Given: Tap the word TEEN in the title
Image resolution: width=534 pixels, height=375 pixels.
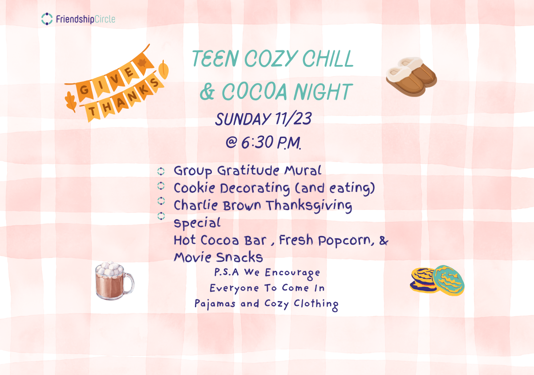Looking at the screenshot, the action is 215,58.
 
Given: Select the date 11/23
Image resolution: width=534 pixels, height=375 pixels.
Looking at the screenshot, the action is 293,118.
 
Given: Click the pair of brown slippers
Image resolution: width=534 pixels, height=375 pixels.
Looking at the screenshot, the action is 411,76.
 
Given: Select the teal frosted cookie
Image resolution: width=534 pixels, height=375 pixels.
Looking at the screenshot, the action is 449,280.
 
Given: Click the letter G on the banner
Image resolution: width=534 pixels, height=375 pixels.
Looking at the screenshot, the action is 84,90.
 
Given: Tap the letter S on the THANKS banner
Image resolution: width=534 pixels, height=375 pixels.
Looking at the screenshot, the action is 154,82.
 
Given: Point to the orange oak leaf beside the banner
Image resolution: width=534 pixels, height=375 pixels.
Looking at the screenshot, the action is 71,102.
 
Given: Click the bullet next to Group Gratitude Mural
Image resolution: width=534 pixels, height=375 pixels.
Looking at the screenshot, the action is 161,171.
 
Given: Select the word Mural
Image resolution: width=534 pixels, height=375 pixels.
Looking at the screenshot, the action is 303,171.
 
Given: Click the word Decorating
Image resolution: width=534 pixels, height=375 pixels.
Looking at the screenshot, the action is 255,188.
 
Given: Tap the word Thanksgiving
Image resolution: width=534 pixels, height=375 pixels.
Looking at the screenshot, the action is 309,206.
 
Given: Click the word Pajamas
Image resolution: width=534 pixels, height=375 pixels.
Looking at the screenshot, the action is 215,304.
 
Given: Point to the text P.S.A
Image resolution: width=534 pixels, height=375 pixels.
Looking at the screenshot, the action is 227,272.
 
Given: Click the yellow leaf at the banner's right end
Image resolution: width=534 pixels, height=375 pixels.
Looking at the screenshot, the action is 164,69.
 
